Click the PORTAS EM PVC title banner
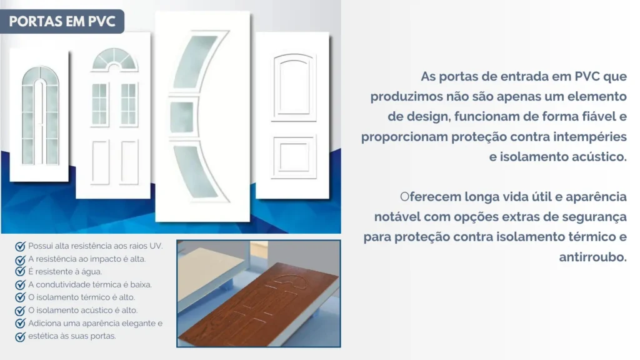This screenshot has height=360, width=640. pos(62,21)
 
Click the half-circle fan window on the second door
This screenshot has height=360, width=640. pos(114,59)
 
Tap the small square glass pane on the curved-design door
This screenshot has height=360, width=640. pos(182,117)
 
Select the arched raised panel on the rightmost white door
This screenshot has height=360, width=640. pos(293,87)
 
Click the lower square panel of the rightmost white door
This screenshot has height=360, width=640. pos(294,157)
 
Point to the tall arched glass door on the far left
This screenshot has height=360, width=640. pos(39,115)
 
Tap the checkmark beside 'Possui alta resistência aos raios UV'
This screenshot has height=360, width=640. pos(20,246)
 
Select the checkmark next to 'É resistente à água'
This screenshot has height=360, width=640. pos(20,272)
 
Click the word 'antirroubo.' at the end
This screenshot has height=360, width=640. pos(592,257)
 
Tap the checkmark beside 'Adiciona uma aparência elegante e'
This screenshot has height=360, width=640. pos(20,324)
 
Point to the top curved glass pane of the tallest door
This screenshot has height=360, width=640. pos(196,61)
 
